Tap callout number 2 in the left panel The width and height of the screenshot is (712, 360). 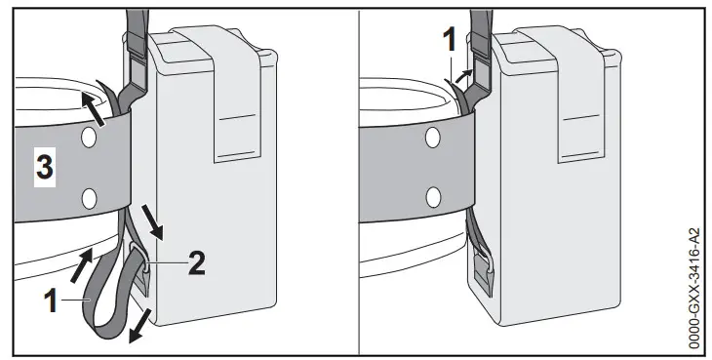196,260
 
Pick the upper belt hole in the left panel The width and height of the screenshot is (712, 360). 90,140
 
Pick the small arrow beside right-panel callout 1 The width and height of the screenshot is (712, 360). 471,75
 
